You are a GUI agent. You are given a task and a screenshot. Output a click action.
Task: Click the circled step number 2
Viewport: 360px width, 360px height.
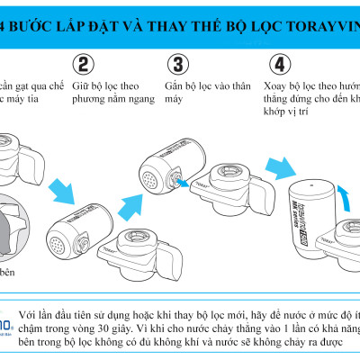click(83, 65)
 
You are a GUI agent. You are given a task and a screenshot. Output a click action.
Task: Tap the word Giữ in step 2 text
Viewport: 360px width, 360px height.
click(80, 88)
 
